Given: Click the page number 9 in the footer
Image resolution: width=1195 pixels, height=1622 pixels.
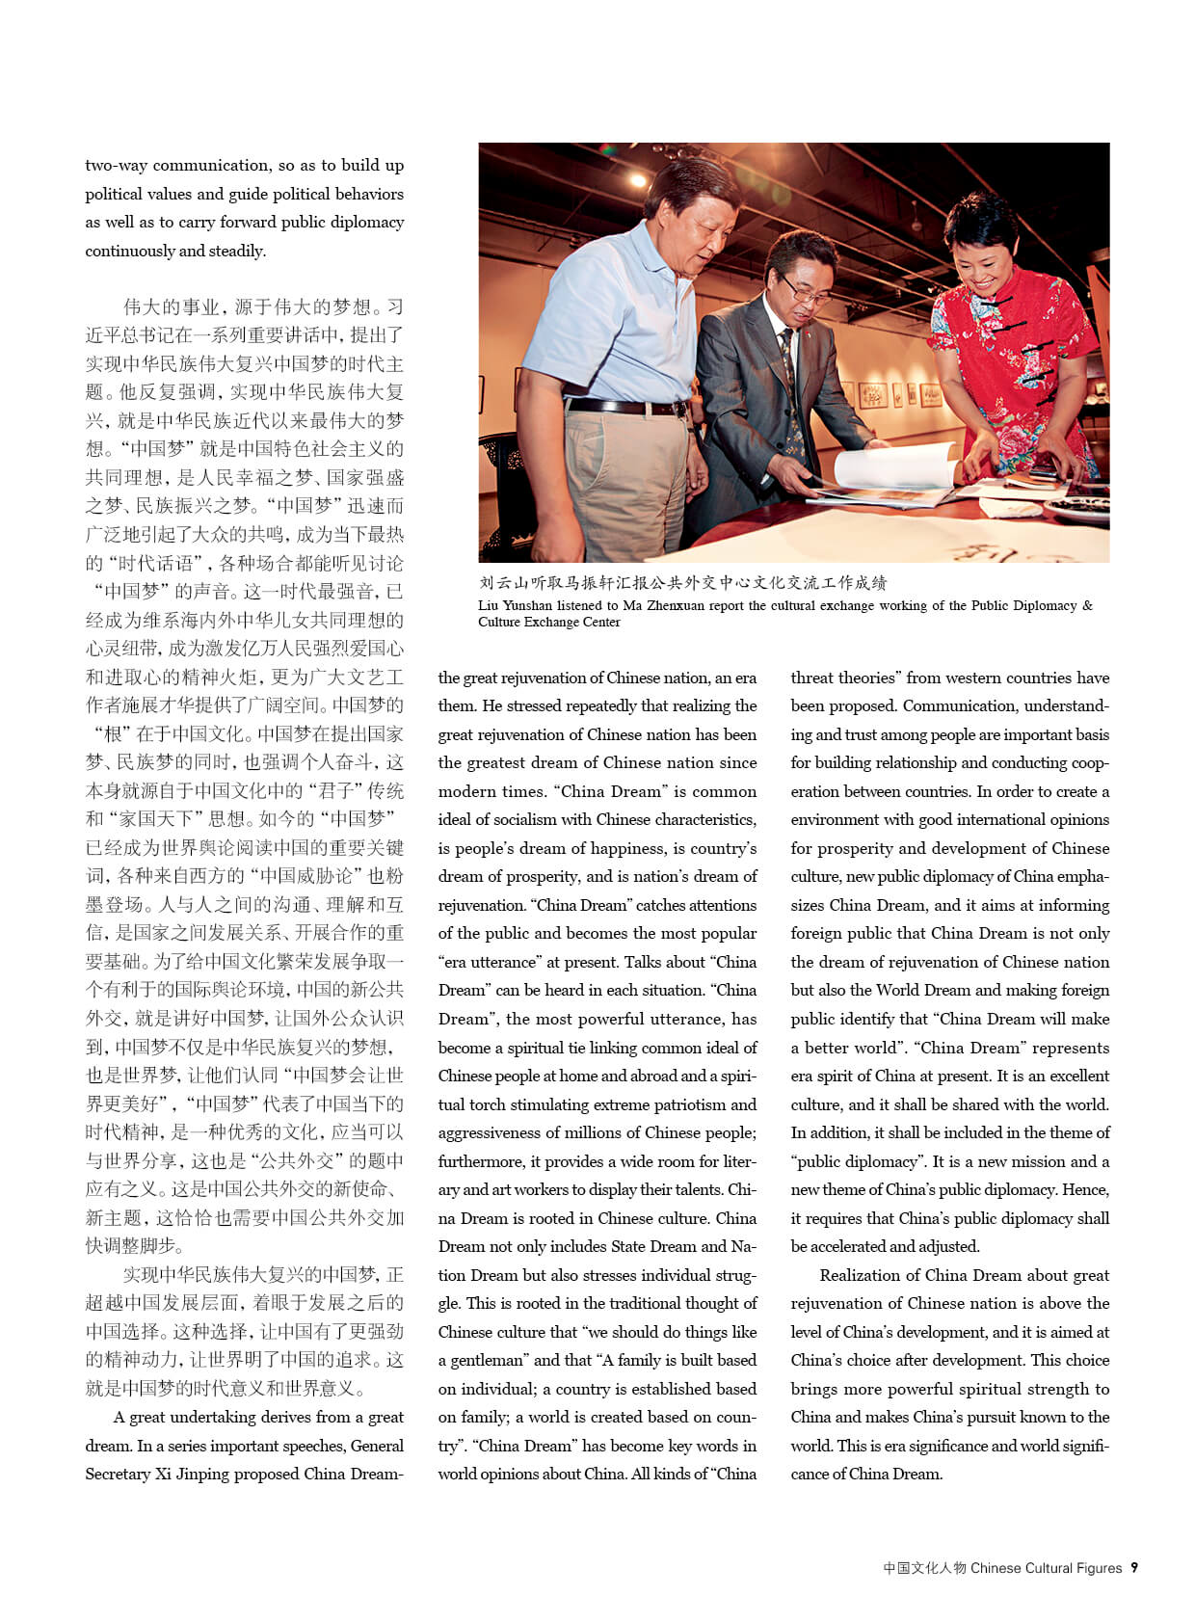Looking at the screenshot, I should pos(1134,1568).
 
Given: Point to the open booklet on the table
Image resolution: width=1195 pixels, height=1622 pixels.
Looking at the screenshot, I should pos(887,477).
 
